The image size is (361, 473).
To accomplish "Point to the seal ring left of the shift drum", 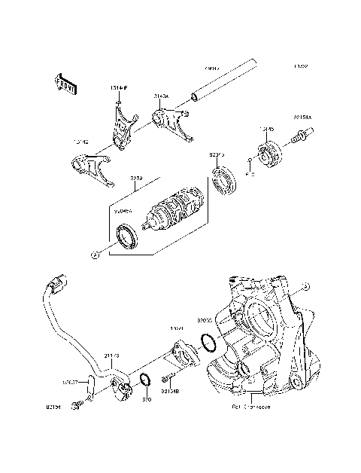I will click(x=127, y=235).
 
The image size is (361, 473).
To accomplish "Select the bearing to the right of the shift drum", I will click(x=224, y=182).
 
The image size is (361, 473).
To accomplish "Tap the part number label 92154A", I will click(x=303, y=118).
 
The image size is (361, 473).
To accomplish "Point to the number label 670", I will click(x=147, y=399).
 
